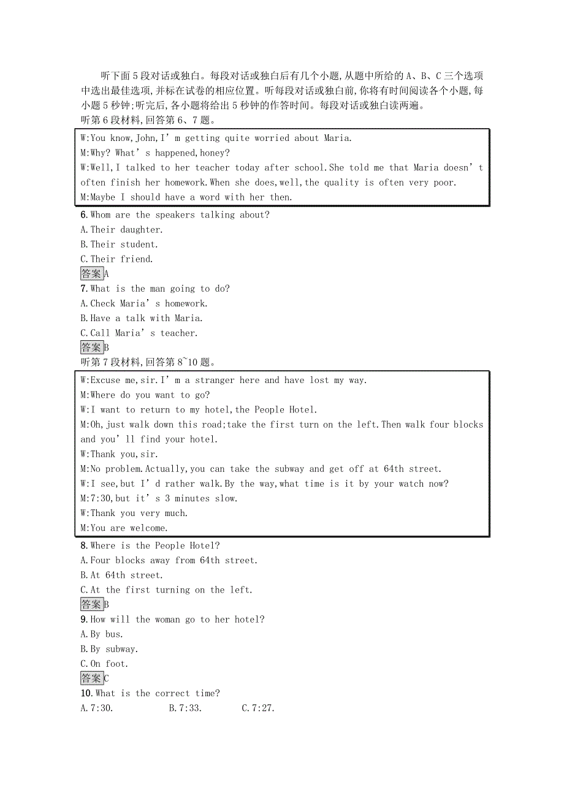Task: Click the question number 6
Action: coord(83,215)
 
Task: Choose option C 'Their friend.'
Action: coord(116,259)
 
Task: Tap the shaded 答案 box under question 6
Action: coord(91,274)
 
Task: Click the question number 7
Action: coord(83,289)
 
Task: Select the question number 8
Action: coord(83,545)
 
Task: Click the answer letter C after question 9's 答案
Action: coord(107,678)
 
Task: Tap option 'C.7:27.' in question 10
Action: coord(258,708)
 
